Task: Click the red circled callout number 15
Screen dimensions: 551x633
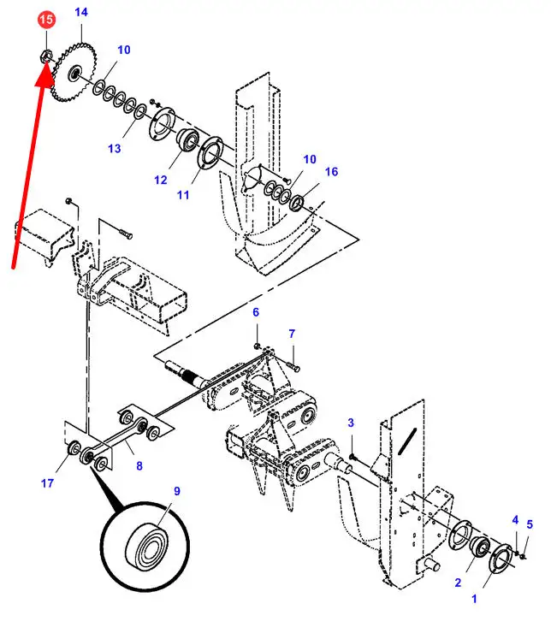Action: [46, 20]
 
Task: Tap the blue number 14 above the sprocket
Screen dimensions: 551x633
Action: [81, 12]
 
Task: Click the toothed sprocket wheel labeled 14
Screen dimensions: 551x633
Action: [74, 72]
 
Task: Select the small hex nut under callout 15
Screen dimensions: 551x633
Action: [45, 56]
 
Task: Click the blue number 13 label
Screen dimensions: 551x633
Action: [115, 149]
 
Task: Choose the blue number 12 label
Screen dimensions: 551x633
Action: [160, 180]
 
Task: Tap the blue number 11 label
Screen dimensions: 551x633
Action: [183, 195]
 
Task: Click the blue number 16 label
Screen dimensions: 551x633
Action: [331, 172]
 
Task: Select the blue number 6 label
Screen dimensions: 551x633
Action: [256, 312]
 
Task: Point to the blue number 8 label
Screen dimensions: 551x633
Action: [139, 466]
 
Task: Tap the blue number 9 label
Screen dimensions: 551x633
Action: [177, 491]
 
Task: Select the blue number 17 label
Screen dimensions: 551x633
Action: [47, 482]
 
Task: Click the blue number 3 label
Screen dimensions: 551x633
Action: [351, 423]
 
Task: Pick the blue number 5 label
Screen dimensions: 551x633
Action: [530, 524]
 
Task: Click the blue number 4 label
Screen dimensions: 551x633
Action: [515, 519]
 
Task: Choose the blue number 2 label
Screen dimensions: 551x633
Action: [458, 583]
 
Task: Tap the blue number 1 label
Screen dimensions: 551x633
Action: [474, 599]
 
